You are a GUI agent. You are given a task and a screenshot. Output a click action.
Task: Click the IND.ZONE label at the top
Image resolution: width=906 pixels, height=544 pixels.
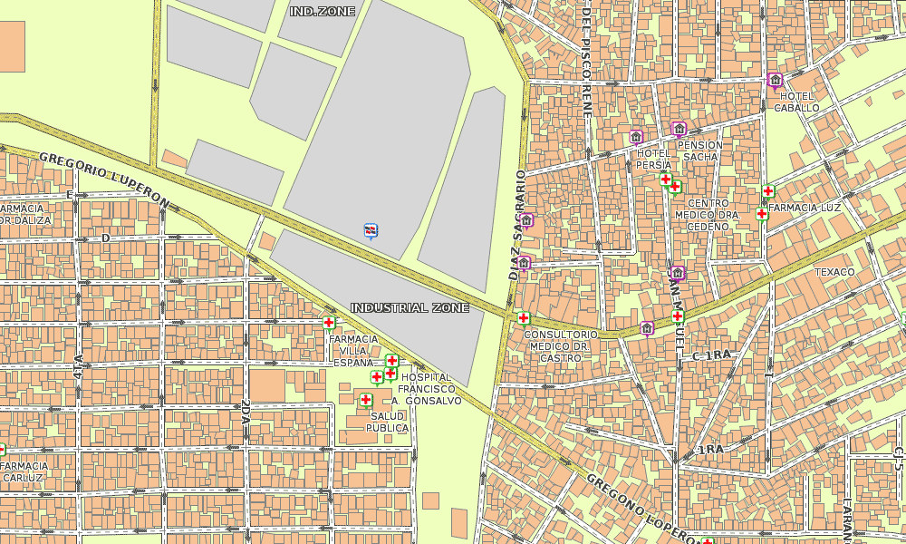(x=323, y=11)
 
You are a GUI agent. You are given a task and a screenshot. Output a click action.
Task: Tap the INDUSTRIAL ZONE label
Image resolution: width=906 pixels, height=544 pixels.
(x=410, y=308)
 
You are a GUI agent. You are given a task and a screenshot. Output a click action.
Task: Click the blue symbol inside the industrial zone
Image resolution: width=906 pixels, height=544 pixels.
(x=371, y=230)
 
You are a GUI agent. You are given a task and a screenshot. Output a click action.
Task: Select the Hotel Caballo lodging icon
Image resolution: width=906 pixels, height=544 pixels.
(x=775, y=80)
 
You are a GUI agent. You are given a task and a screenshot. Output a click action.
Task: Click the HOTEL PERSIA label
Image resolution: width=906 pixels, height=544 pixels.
(x=654, y=160)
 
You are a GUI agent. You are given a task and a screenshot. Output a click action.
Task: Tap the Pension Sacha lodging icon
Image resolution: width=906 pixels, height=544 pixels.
(x=679, y=129)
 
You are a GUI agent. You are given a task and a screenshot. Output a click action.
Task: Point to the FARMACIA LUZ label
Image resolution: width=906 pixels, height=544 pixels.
(x=806, y=208)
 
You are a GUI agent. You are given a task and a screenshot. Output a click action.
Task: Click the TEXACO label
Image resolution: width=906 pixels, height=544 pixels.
(x=834, y=272)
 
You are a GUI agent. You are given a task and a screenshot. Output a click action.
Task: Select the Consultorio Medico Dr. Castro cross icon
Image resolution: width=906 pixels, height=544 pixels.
(x=523, y=318)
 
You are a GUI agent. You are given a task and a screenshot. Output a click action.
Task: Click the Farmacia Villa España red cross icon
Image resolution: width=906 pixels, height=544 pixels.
(x=328, y=322)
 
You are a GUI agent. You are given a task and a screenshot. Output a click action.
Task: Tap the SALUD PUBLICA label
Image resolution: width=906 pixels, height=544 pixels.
(x=388, y=422)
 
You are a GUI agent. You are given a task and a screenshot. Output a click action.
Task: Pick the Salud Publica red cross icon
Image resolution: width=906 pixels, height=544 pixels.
(x=366, y=400)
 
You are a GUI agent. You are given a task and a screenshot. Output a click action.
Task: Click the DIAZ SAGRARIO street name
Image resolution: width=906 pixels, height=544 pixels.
(x=517, y=224)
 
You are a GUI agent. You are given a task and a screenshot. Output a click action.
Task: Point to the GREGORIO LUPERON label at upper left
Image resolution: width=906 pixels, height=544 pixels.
(x=103, y=179)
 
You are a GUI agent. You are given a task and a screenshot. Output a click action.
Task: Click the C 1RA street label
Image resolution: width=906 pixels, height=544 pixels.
(x=711, y=355)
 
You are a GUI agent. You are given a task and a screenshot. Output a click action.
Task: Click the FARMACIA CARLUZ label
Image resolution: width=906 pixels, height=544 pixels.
(x=24, y=471)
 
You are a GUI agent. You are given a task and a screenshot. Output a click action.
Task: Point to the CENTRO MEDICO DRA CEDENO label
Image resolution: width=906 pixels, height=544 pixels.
(x=708, y=215)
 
